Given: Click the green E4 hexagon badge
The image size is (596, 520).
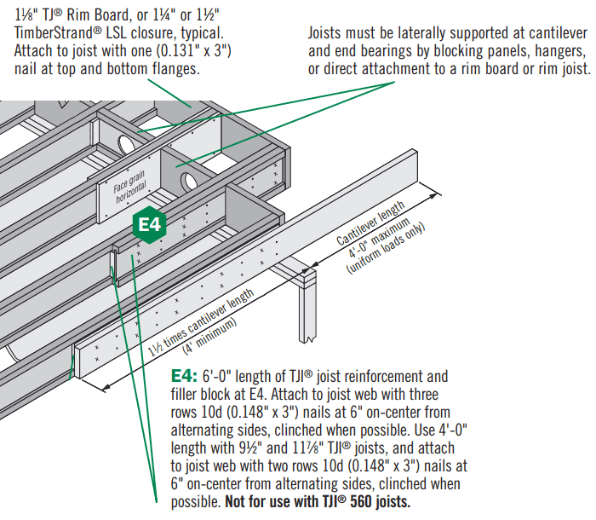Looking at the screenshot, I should [x=150, y=224].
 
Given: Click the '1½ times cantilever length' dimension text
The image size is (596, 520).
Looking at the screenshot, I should [x=202, y=323].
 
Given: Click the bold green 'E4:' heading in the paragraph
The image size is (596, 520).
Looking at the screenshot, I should [x=186, y=376].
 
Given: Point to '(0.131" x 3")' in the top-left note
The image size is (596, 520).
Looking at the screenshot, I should [x=188, y=50].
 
